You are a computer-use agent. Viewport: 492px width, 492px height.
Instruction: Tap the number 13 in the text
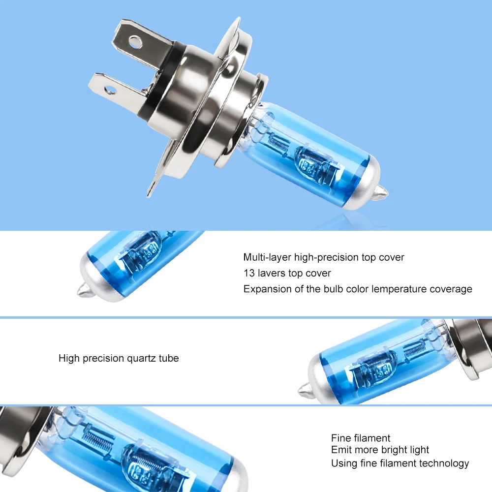[x=248, y=273]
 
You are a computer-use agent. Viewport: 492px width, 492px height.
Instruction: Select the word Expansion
[x=267, y=289]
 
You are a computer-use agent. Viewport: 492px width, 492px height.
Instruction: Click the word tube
[x=169, y=358]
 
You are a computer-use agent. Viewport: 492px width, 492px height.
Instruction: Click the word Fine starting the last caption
[x=341, y=438]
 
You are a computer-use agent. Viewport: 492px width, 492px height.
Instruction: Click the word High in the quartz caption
[x=69, y=358]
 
